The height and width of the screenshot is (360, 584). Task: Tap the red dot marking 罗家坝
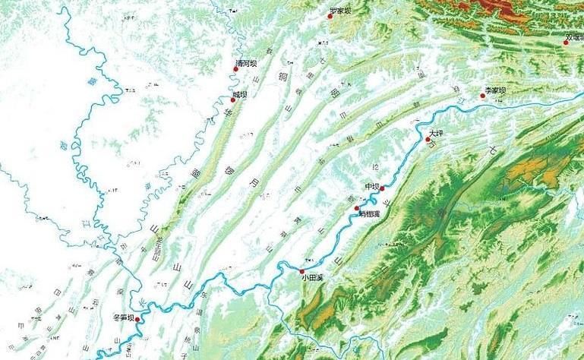330,15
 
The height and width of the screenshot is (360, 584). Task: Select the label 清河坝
247,64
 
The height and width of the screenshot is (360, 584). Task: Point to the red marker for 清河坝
236,69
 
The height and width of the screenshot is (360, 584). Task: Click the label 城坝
240,94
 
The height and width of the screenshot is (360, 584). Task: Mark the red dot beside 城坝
233,99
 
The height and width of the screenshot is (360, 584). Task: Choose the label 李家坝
495,90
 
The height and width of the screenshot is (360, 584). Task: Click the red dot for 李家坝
482,96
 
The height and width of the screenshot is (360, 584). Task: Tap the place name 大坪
435,133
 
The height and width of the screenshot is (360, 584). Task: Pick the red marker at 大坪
428,140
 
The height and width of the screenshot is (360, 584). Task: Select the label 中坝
371,187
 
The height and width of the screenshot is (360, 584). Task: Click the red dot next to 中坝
382,188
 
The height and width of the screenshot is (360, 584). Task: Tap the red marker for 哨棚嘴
357,208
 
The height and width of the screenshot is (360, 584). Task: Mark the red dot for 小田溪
301,271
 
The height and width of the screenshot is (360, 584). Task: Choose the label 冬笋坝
122,317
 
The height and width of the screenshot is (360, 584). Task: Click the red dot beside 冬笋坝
137,320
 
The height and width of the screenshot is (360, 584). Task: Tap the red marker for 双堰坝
565,43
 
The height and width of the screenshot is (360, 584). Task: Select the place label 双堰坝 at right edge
575,36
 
